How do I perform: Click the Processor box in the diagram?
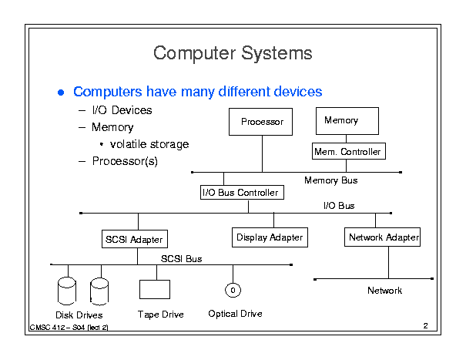click(x=260, y=122)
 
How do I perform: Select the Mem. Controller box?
click(x=349, y=151)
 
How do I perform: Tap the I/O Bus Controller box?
click(x=242, y=192)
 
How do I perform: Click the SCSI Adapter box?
click(x=135, y=239)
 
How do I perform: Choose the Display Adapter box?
click(x=270, y=237)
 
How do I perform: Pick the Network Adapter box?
click(x=382, y=237)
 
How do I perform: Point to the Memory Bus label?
click(x=330, y=180)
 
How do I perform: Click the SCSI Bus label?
click(x=181, y=259)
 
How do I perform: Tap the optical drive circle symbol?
click(x=233, y=290)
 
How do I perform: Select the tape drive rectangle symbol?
click(x=155, y=289)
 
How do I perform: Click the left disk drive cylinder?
click(x=66, y=291)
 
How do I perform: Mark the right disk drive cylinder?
click(x=99, y=291)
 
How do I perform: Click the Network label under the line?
click(x=384, y=291)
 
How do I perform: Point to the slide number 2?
click(x=426, y=326)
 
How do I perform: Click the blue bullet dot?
click(x=61, y=93)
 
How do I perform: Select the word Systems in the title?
click(x=277, y=53)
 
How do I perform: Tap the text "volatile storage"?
click(x=149, y=144)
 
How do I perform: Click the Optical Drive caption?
click(x=235, y=314)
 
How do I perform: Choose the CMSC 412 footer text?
click(x=69, y=328)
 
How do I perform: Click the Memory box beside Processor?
click(x=347, y=121)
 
